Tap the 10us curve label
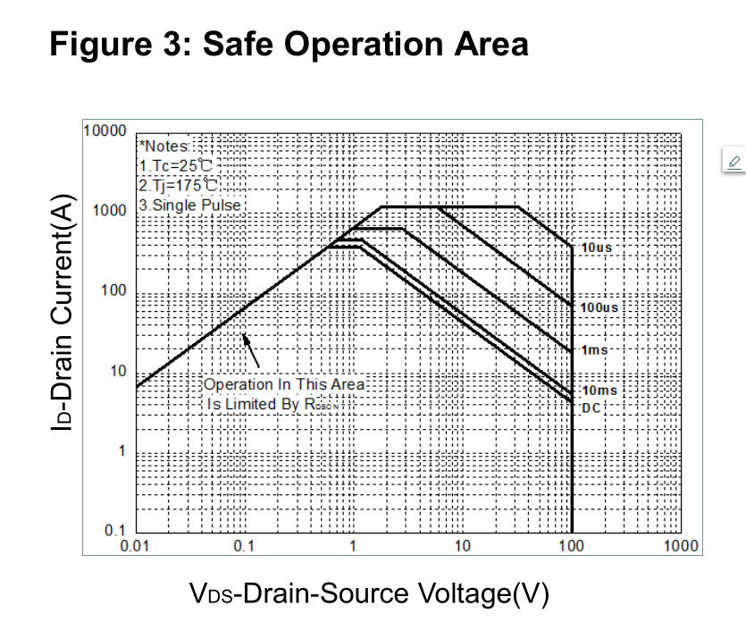point(596,247)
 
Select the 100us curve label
point(599,307)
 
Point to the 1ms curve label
point(595,349)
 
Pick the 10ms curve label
point(599,391)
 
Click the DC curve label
point(591,408)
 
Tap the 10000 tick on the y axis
point(105,130)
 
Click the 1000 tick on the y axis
point(110,210)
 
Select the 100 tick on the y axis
point(114,290)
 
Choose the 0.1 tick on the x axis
point(243,546)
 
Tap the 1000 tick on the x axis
point(681,546)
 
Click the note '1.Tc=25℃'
point(177,165)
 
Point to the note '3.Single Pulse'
point(191,205)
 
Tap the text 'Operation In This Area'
point(284,384)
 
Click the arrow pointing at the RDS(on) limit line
point(252,350)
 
